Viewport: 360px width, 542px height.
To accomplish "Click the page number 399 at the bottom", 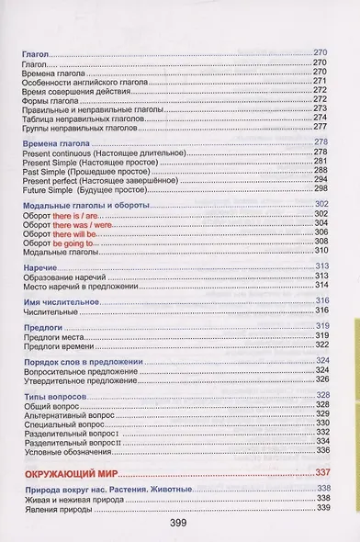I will [x=179, y=524].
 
